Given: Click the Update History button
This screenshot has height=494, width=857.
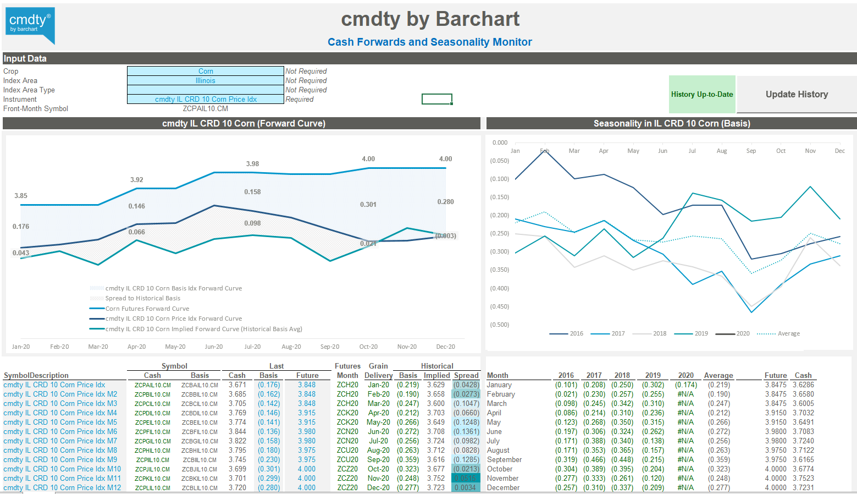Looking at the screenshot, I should pyautogui.click(x=797, y=94).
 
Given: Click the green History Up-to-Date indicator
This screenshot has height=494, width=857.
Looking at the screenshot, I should pyautogui.click(x=702, y=94).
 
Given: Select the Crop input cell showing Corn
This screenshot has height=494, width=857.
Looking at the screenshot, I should pyautogui.click(x=206, y=71).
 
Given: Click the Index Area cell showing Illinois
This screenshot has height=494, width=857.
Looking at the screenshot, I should pyautogui.click(x=206, y=80).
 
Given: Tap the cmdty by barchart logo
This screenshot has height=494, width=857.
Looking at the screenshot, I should pyautogui.click(x=30, y=25).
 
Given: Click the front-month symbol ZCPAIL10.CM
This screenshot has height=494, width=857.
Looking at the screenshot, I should pyautogui.click(x=206, y=108).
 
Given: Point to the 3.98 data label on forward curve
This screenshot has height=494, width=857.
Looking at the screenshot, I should pyautogui.click(x=252, y=164).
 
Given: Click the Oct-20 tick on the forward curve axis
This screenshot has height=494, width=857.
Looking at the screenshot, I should pyautogui.click(x=368, y=347).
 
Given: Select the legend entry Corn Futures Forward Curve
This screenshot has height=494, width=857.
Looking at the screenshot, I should pyautogui.click(x=147, y=309).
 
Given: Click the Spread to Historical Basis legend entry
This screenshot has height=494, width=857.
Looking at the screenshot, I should pyautogui.click(x=142, y=298).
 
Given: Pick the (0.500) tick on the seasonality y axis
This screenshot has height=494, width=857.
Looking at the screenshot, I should pyautogui.click(x=499, y=325).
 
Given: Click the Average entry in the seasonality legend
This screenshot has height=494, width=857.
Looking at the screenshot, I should pyautogui.click(x=788, y=333).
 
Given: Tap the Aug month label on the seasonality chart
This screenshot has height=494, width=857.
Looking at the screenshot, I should pyautogui.click(x=721, y=151).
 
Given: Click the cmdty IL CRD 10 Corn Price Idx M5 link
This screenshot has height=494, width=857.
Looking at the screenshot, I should pyautogui.click(x=60, y=422).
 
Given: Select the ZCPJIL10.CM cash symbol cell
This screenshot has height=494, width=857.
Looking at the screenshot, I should pyautogui.click(x=153, y=469).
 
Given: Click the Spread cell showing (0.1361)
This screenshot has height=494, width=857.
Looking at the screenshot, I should pyautogui.click(x=466, y=431).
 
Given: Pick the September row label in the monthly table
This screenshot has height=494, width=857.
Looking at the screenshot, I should pyautogui.click(x=504, y=459).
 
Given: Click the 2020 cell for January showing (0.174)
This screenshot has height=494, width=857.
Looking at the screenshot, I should pyautogui.click(x=685, y=385).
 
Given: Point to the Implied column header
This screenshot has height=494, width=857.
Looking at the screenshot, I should pyautogui.click(x=436, y=375).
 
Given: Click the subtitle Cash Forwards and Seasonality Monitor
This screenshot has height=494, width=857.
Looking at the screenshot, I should pyautogui.click(x=429, y=42).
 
